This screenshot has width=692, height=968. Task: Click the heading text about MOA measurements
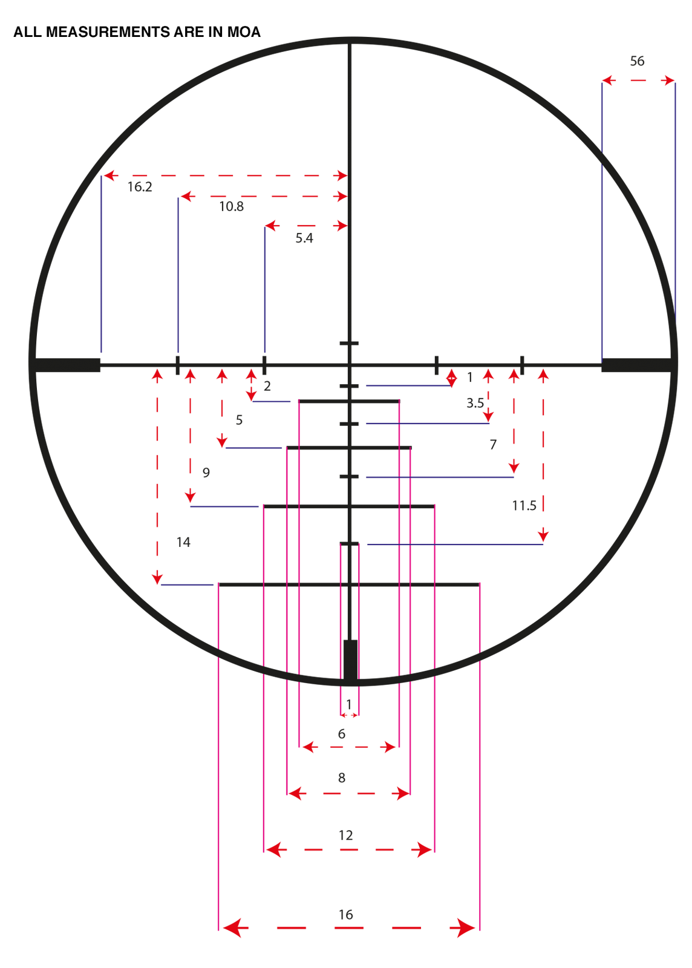(137, 32)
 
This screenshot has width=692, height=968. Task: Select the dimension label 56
(637, 61)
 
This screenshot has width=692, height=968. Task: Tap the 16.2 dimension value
(140, 187)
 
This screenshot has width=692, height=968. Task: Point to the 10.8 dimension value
(231, 206)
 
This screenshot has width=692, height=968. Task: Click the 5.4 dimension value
(304, 238)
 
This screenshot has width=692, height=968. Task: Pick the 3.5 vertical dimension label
(475, 403)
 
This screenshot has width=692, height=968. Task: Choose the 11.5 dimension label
(524, 506)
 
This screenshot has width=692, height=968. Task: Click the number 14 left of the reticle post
(183, 542)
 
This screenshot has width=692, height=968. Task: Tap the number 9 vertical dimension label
(206, 473)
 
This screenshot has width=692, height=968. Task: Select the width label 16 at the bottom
(345, 915)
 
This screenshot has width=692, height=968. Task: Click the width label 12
(345, 836)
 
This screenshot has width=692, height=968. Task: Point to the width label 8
(342, 778)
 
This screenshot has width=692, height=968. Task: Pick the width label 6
(342, 734)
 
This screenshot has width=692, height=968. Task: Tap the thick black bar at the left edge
(67, 365)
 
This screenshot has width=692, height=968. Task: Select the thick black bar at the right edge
(636, 365)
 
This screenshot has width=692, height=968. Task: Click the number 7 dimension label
(493, 444)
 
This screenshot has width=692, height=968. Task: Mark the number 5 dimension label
(239, 420)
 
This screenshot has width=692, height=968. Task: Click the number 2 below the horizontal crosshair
(267, 386)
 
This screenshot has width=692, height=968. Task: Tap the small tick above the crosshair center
(349, 343)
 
